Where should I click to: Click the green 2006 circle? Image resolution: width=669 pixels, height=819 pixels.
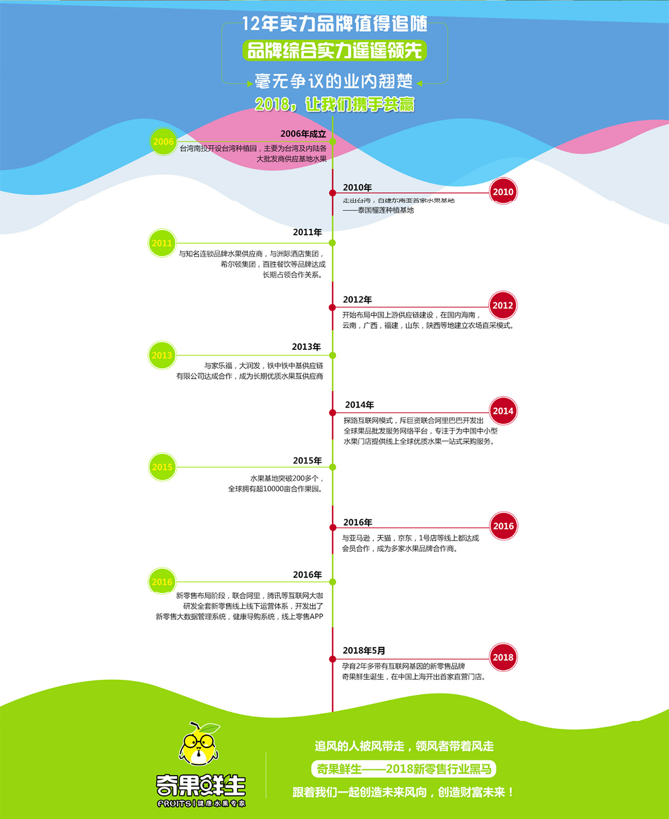click(163, 141)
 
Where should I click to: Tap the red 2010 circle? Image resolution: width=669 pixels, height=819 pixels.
click(503, 192)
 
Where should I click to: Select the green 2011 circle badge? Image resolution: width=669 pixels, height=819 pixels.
click(162, 243)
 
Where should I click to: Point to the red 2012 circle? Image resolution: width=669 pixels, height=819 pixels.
click(503, 305)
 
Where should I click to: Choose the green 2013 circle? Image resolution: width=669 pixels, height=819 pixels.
click(162, 355)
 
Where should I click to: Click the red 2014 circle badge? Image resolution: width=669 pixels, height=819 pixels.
click(503, 411)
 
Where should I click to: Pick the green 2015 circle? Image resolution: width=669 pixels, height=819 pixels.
click(162, 467)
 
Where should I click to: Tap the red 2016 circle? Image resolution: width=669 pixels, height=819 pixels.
click(503, 526)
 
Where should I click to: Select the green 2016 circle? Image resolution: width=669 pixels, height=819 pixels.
click(162, 582)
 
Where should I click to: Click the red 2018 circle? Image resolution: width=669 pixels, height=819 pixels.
click(503, 658)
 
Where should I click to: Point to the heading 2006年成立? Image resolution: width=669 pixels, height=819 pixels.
click(303, 134)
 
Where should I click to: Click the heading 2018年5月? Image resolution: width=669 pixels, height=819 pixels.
click(364, 651)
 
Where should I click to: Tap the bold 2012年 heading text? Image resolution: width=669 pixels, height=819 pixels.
click(357, 300)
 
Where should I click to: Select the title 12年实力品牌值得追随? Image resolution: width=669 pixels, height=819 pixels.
click(334, 25)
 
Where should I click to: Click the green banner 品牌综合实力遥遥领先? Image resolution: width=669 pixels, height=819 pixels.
click(334, 50)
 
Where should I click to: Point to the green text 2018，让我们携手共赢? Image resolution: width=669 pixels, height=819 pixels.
click(334, 105)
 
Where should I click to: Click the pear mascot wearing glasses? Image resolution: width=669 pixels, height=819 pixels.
click(200, 744)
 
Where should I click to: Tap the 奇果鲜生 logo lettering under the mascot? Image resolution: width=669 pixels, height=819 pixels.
click(201, 785)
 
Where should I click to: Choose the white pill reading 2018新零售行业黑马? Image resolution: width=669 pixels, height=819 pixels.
click(404, 769)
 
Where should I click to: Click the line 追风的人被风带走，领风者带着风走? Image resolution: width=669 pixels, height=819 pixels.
click(404, 746)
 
